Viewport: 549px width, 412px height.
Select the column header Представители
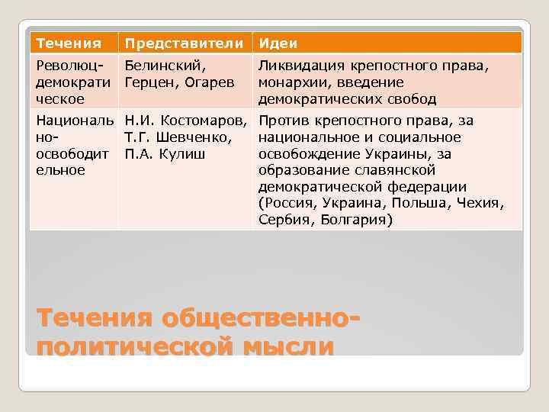(x=186, y=43)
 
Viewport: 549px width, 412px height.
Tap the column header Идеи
(x=278, y=43)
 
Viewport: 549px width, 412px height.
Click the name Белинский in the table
(x=161, y=66)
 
